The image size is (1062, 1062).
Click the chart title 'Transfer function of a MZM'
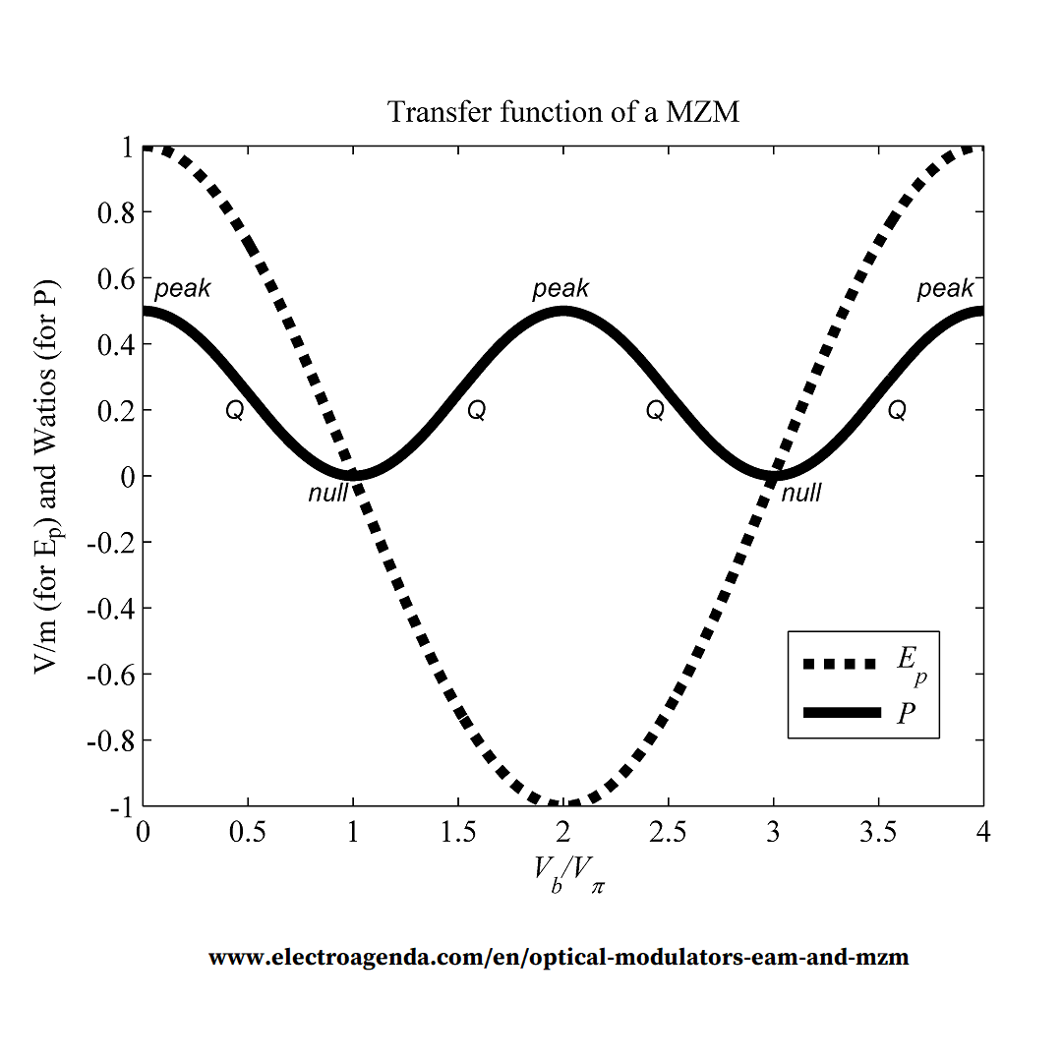click(x=563, y=112)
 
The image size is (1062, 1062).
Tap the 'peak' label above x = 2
click(x=560, y=289)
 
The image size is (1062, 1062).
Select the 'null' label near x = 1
click(x=327, y=493)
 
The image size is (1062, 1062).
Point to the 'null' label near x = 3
click(x=800, y=493)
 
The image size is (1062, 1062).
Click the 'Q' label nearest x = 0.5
click(x=234, y=411)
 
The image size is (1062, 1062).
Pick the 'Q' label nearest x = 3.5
click(x=897, y=411)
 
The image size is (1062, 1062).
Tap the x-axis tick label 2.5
click(x=668, y=833)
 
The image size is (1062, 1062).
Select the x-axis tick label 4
click(x=983, y=833)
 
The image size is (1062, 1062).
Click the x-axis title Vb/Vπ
click(x=569, y=872)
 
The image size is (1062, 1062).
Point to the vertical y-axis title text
click(x=46, y=477)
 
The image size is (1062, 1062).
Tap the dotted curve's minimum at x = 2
click(x=562, y=803)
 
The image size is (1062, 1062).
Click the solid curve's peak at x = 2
click(x=562, y=312)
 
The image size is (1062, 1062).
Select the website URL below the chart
click(x=559, y=957)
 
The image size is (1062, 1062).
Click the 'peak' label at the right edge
click(x=945, y=289)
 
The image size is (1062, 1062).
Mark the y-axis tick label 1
click(x=126, y=147)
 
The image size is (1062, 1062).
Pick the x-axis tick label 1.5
click(x=457, y=833)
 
